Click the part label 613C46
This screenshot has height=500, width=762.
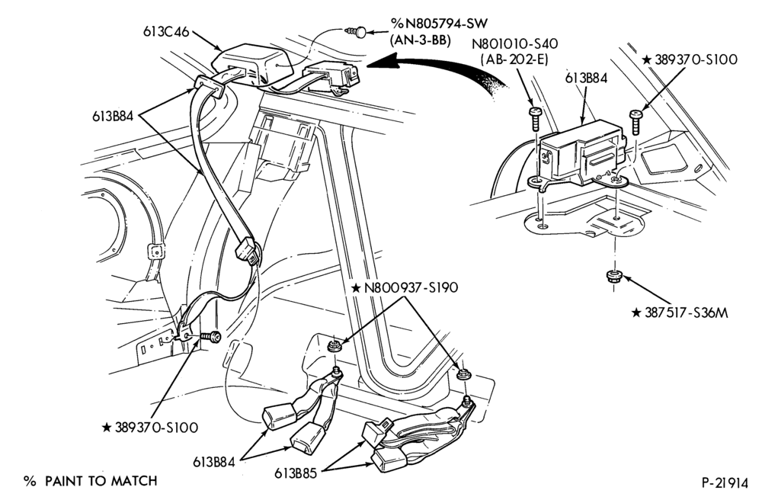(165, 30)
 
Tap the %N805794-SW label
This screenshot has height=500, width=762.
(439, 24)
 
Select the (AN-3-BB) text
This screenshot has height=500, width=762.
(421, 41)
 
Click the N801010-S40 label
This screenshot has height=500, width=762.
(515, 43)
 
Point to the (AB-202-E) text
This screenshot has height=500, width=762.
(514, 59)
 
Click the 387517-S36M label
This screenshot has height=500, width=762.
(680, 313)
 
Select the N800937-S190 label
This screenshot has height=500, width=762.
(405, 287)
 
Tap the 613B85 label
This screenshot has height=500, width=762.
(296, 473)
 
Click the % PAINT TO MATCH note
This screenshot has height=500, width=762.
(91, 481)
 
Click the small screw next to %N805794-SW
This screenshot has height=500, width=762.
(355, 33)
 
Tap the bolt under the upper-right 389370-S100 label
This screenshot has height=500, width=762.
(636, 122)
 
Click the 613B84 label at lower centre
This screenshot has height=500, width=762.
(214, 462)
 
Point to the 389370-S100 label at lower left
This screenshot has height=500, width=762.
(150, 428)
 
